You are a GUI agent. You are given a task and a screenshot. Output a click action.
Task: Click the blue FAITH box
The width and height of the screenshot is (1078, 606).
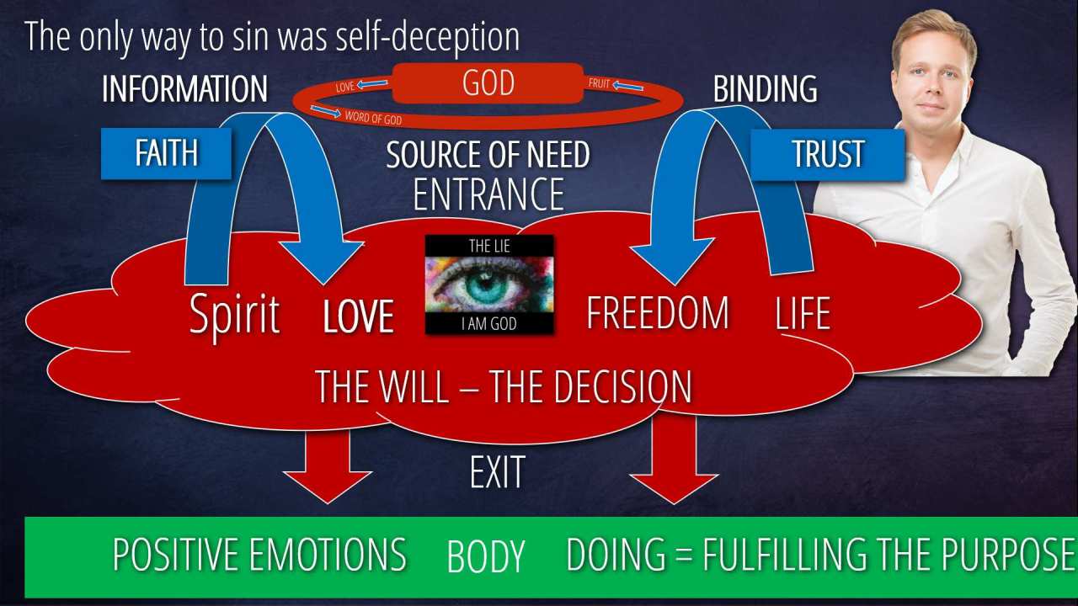(166, 153)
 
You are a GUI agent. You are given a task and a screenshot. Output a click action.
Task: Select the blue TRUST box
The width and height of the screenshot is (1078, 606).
(827, 154)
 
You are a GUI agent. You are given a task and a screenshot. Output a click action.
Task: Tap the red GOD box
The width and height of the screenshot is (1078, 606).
(488, 84)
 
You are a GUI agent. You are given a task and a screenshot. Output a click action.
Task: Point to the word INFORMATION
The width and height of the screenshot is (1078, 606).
(184, 89)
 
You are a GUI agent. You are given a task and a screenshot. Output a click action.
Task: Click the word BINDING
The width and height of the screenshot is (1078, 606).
(765, 89)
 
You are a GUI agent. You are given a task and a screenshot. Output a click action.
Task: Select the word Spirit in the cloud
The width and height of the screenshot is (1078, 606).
(234, 314)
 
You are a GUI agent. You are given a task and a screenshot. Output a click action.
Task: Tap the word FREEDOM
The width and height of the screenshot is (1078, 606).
(658, 313)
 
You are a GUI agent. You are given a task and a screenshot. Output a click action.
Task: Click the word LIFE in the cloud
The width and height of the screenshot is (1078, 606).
(802, 313)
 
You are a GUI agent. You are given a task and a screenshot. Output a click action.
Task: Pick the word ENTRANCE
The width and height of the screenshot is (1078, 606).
(488, 194)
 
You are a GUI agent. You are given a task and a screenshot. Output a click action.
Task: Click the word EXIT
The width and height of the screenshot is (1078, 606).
(497, 473)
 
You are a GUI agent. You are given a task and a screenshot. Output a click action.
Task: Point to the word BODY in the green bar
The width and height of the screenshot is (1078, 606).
(486, 556)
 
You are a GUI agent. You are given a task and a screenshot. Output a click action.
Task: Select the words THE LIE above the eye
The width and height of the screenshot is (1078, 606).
(489, 246)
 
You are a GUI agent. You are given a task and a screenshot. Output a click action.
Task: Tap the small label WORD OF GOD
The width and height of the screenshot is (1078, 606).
(373, 119)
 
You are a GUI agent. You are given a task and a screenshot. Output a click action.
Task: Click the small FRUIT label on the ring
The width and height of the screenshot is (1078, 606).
(599, 84)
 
